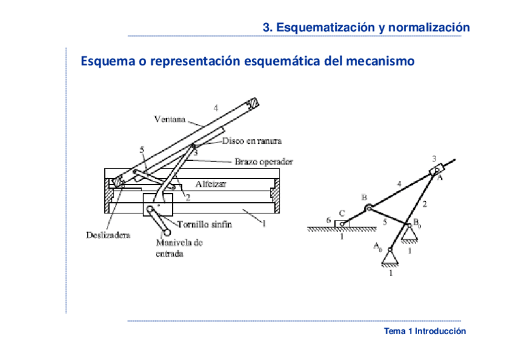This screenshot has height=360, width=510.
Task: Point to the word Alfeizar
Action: (x=210, y=184)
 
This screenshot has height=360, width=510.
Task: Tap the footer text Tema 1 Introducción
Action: (x=425, y=331)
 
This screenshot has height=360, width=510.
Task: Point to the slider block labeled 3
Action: (x=435, y=171)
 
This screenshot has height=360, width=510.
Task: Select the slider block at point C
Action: (x=343, y=224)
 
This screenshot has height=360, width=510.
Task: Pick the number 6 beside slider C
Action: (x=328, y=221)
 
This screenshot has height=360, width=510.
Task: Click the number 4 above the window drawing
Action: (x=216, y=108)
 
